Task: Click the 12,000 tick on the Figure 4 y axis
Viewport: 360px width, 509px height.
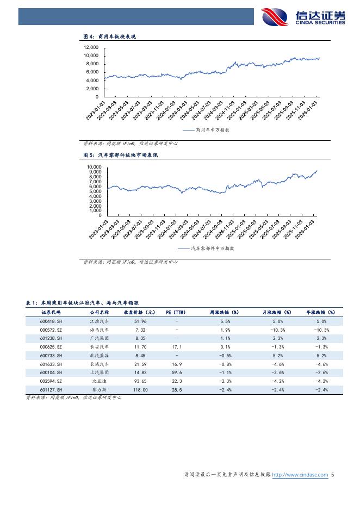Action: click(x=91, y=47)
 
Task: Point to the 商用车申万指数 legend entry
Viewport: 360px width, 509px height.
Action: click(x=206, y=131)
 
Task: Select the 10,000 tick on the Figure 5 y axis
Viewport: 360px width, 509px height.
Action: click(x=95, y=167)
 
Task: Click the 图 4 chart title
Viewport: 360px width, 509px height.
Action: click(x=109, y=36)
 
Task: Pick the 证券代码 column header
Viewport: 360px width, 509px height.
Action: click(x=51, y=313)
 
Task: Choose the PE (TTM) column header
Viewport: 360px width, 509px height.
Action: click(x=176, y=313)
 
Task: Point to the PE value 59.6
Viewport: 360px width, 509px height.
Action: click(x=176, y=373)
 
